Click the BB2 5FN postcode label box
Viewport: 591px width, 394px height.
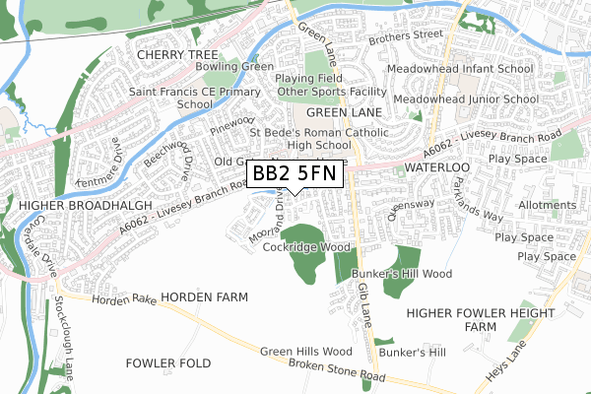pos(295,173)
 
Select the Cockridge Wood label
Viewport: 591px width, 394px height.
pos(306,247)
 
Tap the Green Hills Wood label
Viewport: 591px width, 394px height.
pos(306,351)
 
